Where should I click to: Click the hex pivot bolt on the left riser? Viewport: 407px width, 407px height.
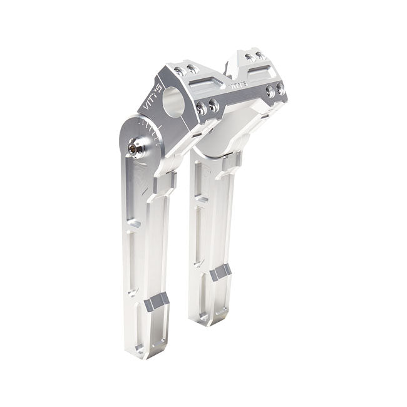pyautogui.click(x=133, y=148)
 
